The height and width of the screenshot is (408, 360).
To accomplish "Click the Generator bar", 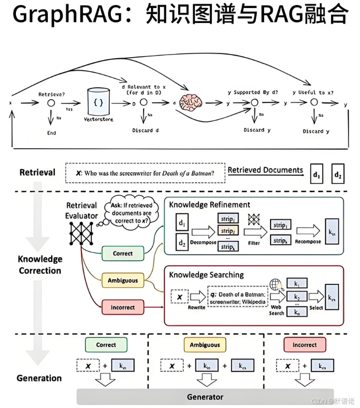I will (x=205, y=396).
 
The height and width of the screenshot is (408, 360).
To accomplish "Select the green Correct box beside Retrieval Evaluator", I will (x=122, y=253).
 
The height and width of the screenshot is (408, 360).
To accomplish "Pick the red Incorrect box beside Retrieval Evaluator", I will (x=122, y=307).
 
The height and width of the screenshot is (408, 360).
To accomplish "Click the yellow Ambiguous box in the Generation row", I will (x=205, y=345).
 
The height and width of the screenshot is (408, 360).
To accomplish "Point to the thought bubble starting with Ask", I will (x=130, y=213).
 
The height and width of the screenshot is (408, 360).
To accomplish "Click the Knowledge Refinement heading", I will (x=209, y=204).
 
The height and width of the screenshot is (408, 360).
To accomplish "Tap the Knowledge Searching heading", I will (x=206, y=274).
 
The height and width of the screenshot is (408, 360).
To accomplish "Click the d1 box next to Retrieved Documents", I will (x=316, y=175).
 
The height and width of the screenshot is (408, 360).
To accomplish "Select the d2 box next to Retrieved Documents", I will (x=338, y=175).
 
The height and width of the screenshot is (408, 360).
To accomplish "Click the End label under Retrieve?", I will (x=51, y=133).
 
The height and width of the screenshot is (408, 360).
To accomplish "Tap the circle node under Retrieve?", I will (x=51, y=103).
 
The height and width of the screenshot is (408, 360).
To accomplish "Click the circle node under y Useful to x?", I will (x=314, y=103).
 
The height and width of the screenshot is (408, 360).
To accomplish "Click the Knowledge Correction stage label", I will (x=40, y=265).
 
